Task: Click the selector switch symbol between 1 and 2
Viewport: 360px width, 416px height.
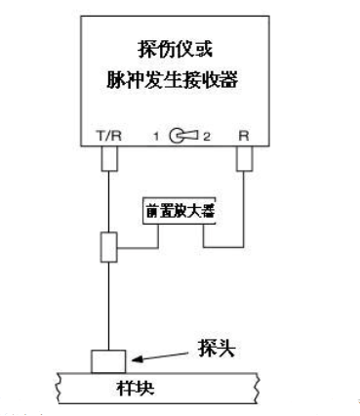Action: tap(179, 135)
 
